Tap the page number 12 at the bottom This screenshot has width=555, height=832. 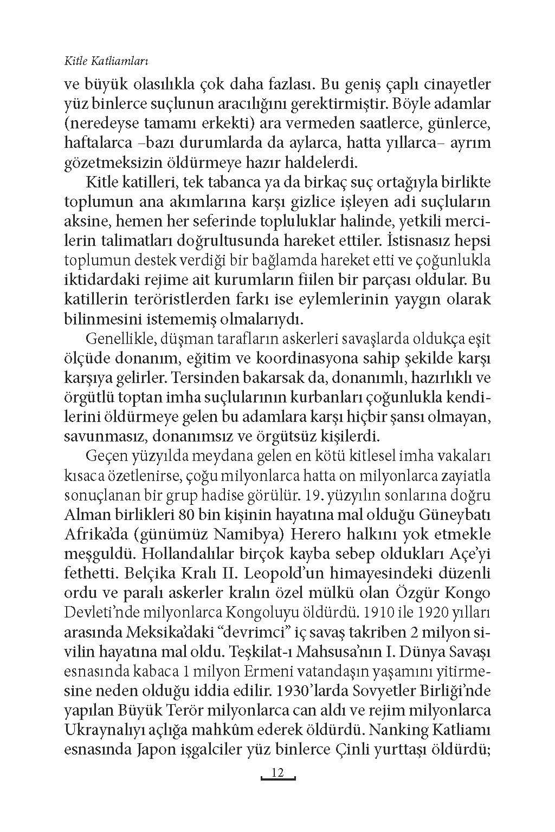click(277, 772)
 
